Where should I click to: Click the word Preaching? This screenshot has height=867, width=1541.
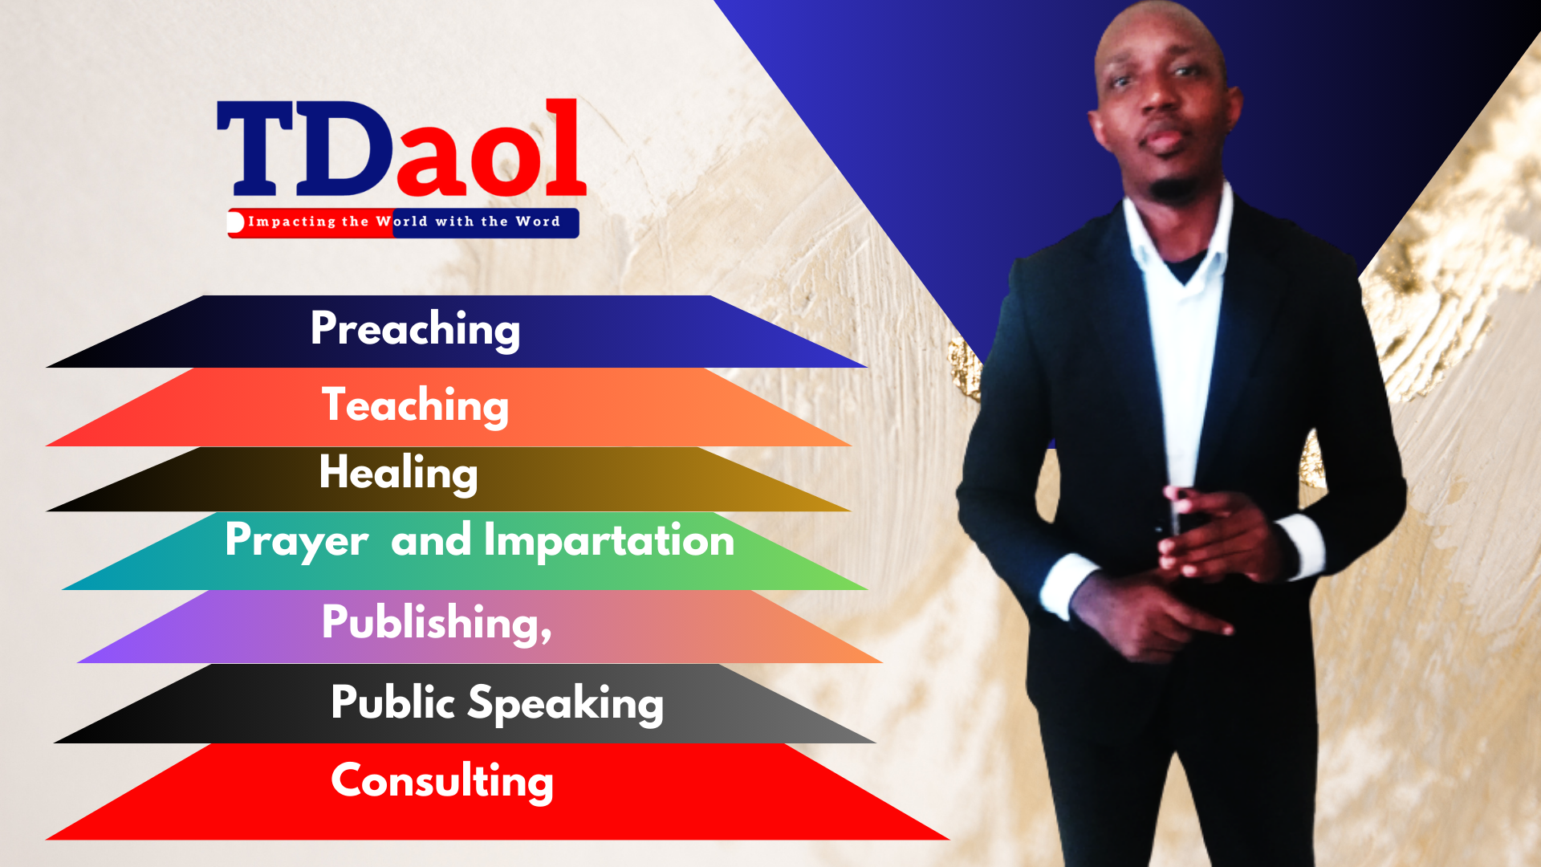click(415, 329)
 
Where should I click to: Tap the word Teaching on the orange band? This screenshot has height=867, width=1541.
click(415, 405)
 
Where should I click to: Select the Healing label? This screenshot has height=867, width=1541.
click(398, 472)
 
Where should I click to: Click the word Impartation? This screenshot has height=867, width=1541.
click(609, 539)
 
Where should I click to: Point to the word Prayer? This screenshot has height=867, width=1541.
click(297, 541)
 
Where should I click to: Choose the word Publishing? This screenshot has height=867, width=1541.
click(431, 622)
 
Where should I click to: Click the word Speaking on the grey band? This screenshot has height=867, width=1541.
click(566, 703)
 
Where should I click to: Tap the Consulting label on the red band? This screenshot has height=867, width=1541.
click(442, 781)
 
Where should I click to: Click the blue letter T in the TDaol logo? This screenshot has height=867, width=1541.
click(255, 149)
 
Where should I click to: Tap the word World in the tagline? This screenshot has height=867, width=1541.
click(402, 222)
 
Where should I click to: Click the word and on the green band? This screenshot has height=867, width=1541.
click(431, 539)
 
